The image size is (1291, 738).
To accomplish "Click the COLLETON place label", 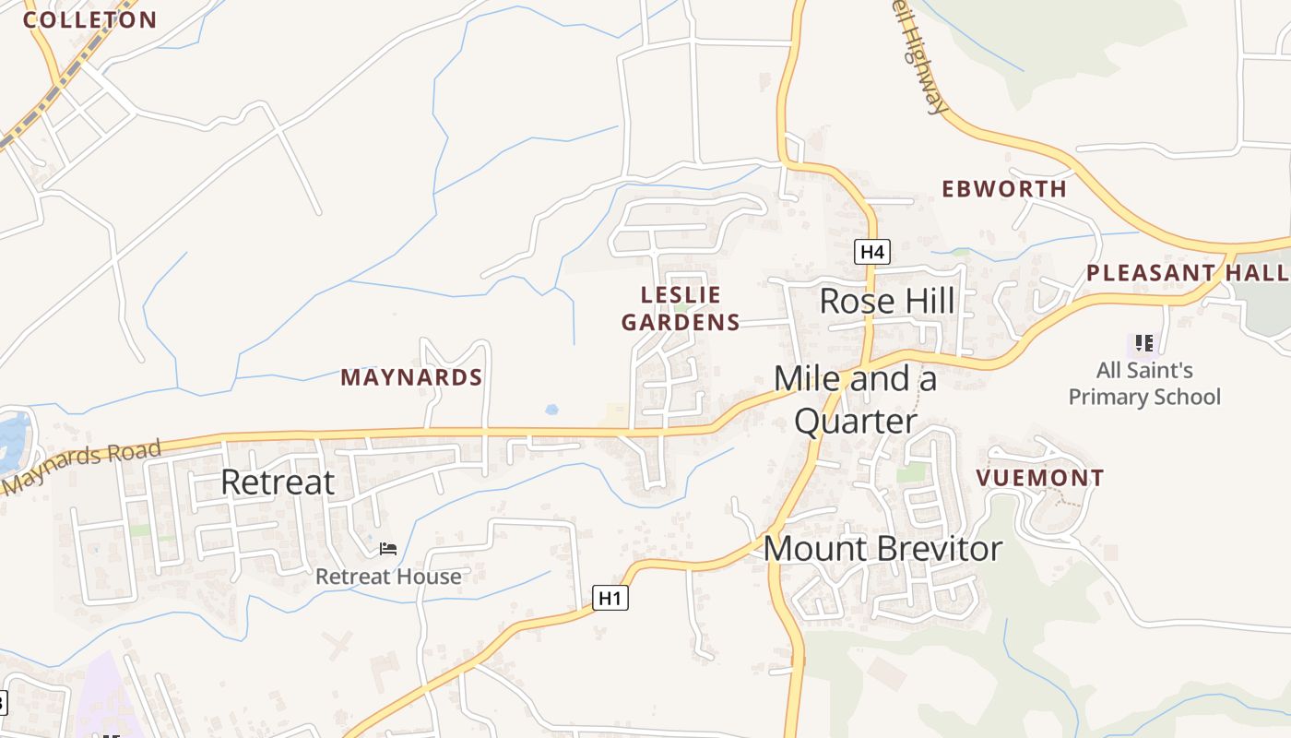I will [x=89, y=20].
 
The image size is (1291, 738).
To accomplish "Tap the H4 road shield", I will [x=871, y=252].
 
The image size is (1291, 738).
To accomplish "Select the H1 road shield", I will [x=610, y=598].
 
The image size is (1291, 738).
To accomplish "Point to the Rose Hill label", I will [x=886, y=301].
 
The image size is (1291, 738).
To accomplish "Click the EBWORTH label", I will [x=1004, y=189].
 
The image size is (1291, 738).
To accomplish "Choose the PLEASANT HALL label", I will [x=1188, y=273].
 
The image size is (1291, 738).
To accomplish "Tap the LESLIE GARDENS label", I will [x=681, y=308].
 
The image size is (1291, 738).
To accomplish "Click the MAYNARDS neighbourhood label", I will [x=411, y=377].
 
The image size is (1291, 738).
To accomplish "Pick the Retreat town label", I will [x=277, y=482].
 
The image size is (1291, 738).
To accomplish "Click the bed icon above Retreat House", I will [x=388, y=549].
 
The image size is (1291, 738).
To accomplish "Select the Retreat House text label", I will [x=388, y=577].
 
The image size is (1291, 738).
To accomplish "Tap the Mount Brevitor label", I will [x=882, y=549].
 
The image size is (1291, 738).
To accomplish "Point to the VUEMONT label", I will [x=1039, y=478].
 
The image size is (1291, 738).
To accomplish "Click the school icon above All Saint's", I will [x=1144, y=343].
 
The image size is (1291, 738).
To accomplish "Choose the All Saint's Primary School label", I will [x=1144, y=384].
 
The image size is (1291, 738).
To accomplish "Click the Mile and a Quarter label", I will [x=856, y=399].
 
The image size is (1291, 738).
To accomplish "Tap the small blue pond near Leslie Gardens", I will [x=551, y=409].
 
